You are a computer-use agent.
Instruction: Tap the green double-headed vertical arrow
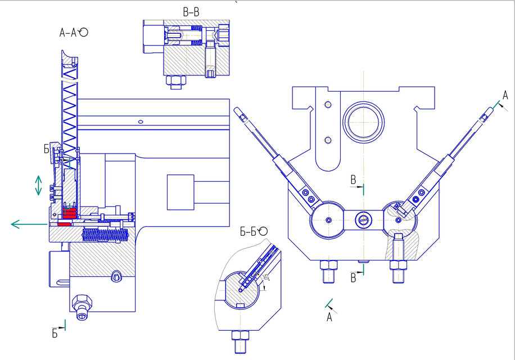click(38, 185)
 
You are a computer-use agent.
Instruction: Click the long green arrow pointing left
click(28, 224)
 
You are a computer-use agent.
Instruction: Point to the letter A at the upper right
click(505, 94)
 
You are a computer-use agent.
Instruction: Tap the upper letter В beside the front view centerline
click(353, 180)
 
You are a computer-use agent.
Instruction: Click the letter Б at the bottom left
click(55, 333)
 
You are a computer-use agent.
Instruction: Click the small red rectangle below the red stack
click(64, 224)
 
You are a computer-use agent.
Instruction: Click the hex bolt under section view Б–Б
click(239, 340)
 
